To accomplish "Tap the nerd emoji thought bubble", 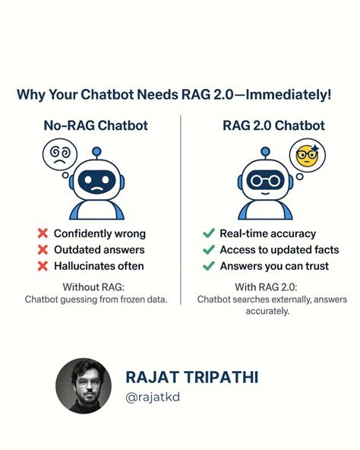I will (306, 155).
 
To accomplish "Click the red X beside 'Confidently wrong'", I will (43, 233).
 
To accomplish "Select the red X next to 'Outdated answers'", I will (43, 249).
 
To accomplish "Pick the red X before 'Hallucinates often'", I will (43, 265).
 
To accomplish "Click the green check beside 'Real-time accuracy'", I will (208, 233).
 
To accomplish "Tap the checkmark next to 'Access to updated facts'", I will (208, 249).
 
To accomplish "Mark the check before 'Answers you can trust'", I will (208, 265).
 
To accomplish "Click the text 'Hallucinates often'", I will (99, 265).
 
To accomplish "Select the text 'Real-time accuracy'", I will (267, 233).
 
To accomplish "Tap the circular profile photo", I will (84, 385).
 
